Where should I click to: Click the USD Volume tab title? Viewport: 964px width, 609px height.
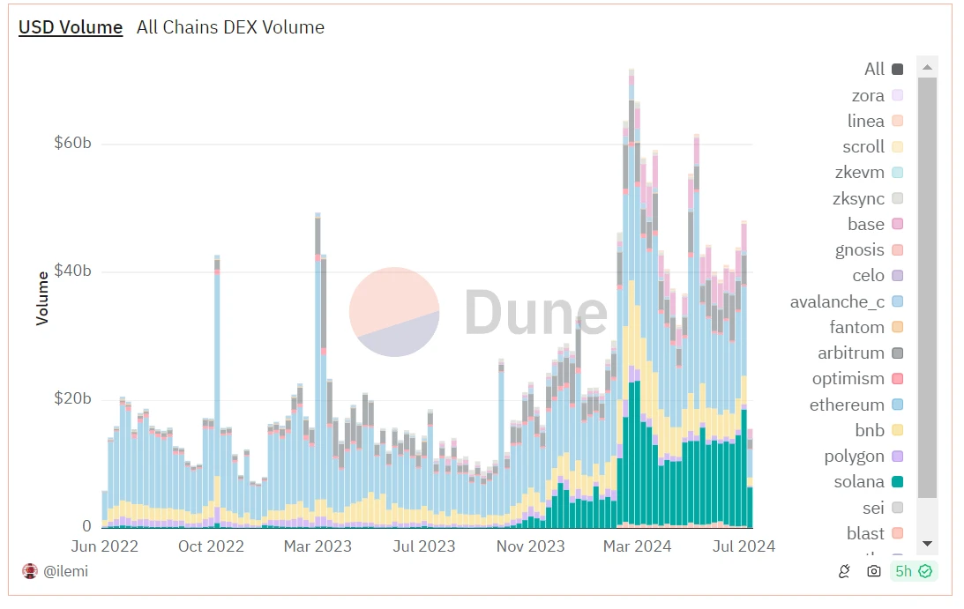coord(71,27)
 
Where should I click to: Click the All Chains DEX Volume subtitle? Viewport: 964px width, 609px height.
coord(230,27)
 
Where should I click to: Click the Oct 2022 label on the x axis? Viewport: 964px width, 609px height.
coord(211,546)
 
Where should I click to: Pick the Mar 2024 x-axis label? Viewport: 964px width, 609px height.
coord(638,546)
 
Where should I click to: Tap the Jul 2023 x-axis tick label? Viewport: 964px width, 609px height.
coord(424,546)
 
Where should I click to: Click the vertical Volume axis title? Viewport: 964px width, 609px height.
coord(42,299)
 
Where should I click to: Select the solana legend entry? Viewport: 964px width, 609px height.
coord(858,482)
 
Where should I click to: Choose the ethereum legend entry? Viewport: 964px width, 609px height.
coord(847,405)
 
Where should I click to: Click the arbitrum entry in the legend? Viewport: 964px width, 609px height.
coord(850,353)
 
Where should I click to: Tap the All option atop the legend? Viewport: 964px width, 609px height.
coord(874,69)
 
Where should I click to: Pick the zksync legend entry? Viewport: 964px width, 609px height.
coord(859,198)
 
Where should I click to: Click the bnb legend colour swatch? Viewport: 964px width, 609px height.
coord(897,430)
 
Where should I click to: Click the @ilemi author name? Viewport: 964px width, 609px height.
coord(65,571)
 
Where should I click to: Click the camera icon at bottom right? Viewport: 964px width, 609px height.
coord(873,571)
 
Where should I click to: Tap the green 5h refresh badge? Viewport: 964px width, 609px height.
coord(913,571)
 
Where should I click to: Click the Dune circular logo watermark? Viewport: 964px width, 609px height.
coord(394,312)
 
